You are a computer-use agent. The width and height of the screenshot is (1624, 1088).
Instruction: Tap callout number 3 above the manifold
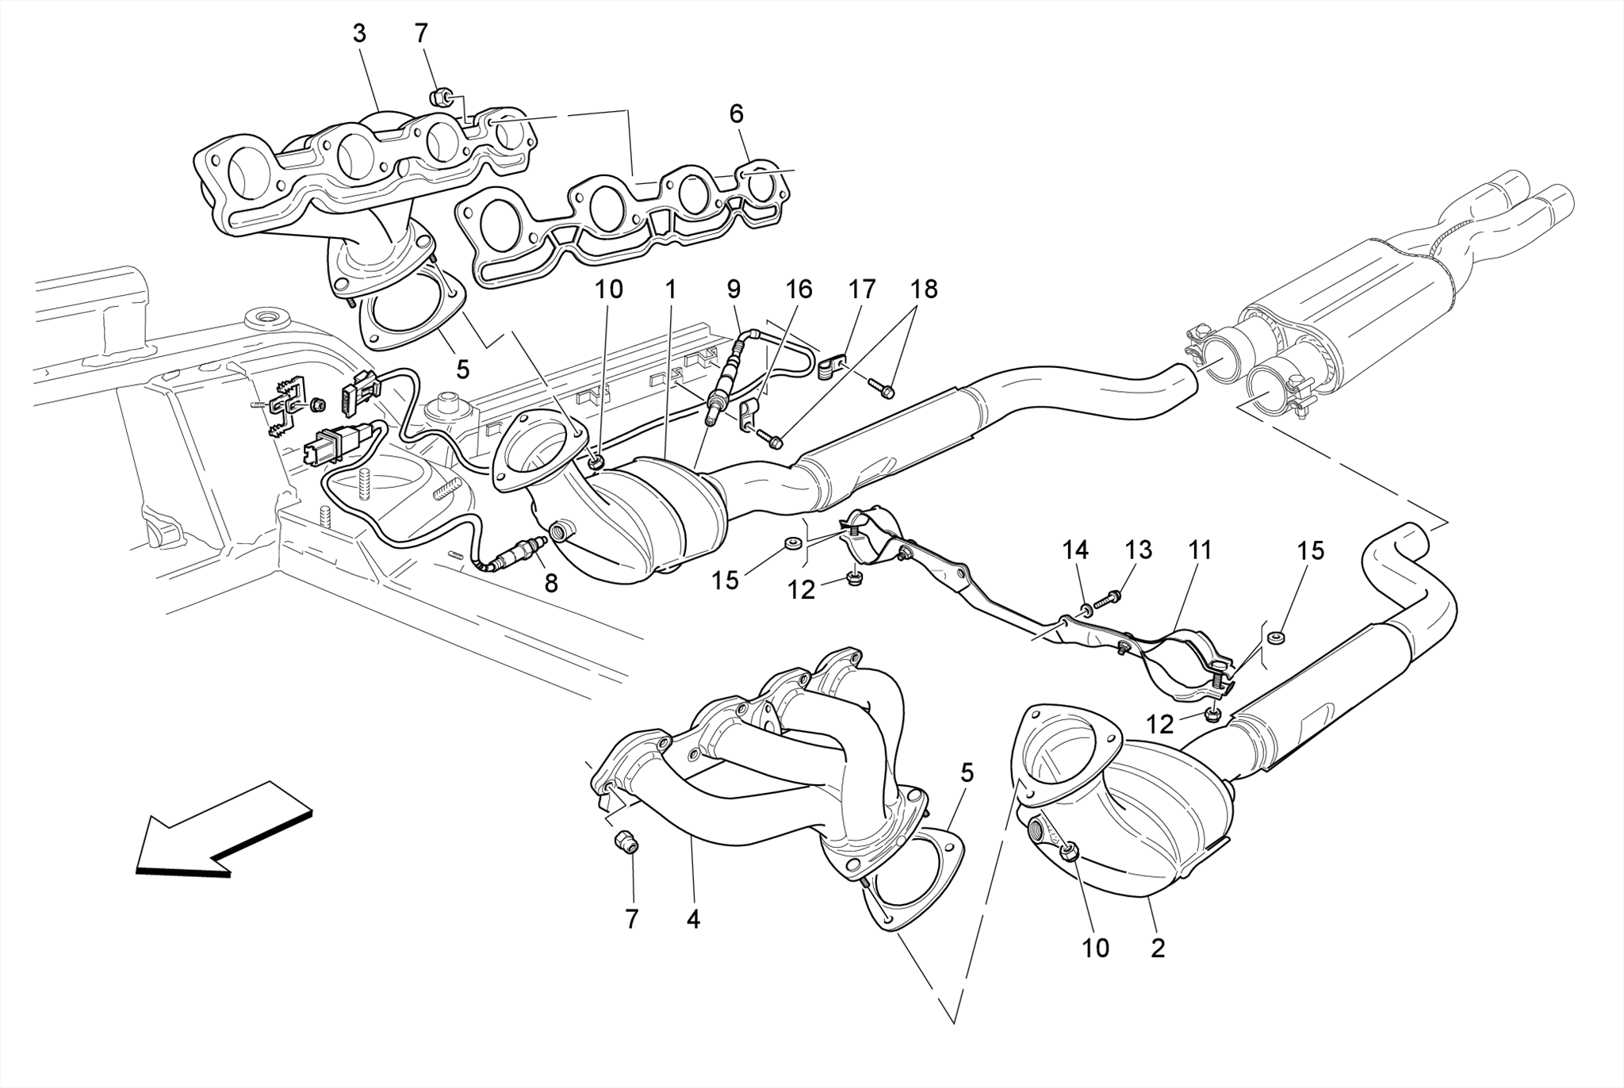pos(359,34)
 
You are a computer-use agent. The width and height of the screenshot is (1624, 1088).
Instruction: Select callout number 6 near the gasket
pos(737,114)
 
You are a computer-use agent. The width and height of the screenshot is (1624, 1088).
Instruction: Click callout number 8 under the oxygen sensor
pos(550,584)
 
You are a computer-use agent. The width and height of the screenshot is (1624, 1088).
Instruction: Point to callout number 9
pos(733,289)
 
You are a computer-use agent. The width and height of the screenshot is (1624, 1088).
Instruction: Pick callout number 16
pos(799,289)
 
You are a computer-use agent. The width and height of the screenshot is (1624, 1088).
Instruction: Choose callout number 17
pos(862,289)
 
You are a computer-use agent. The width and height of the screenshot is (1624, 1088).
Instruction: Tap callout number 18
pos(924,289)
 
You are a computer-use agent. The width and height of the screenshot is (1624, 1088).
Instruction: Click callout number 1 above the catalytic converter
pos(671,289)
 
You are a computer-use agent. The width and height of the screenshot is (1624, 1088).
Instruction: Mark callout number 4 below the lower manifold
pos(693,919)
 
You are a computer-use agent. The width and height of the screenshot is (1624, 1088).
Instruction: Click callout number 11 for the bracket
pos(1200,550)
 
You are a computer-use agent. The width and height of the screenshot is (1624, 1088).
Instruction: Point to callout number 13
pos(1138,550)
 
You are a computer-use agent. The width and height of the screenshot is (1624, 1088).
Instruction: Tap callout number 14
pos(1076,550)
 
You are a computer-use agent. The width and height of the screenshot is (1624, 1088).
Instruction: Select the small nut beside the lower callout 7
pos(626,843)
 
